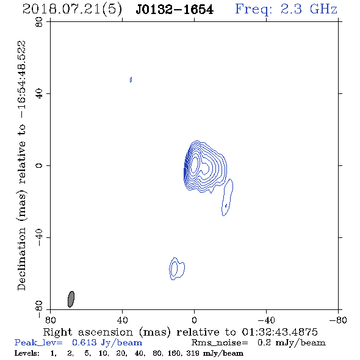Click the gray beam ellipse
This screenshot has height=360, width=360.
click(71, 299)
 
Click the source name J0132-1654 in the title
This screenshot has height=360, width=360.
click(175, 10)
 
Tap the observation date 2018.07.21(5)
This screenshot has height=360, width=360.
click(72, 10)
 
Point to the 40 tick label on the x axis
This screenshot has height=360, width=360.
click(122, 320)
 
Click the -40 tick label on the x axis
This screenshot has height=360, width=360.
click(266, 320)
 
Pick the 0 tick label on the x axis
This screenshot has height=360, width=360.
click(194, 320)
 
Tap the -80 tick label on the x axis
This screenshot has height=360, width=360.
click(338, 320)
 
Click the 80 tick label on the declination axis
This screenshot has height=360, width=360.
click(39, 22)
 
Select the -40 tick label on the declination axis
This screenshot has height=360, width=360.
click(39, 237)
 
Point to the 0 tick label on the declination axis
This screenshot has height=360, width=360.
click(39, 165)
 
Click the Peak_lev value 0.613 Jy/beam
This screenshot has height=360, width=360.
click(107, 342)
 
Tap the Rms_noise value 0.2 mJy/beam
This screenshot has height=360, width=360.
click(291, 342)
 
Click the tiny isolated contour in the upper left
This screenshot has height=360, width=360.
click(131, 80)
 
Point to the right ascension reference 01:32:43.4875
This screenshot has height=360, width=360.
click(279, 332)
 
